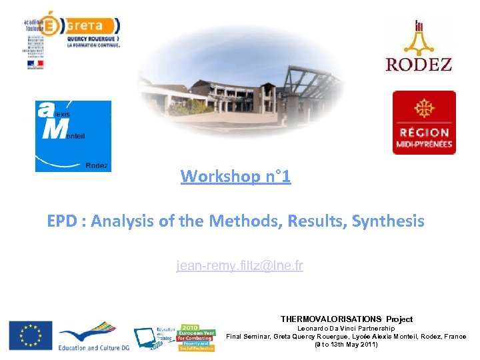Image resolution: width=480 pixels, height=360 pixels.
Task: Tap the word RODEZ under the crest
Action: (x=419, y=64)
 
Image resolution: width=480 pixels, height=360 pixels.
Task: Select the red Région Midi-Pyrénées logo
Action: (x=423, y=123)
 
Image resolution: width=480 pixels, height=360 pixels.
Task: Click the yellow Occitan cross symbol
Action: (x=423, y=109)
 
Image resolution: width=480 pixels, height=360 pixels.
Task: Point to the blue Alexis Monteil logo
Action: (x=73, y=136)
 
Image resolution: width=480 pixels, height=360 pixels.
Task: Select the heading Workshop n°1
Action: (x=235, y=177)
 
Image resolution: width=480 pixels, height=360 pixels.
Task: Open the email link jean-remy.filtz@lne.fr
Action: (x=239, y=266)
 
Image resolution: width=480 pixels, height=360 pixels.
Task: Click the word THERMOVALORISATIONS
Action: (x=331, y=319)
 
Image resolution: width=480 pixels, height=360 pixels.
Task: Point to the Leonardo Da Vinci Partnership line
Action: (x=345, y=329)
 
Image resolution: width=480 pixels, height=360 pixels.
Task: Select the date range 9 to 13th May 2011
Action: (x=346, y=345)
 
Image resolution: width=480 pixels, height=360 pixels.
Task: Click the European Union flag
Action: (x=30, y=335)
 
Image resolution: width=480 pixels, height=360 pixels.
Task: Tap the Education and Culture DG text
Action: (x=89, y=347)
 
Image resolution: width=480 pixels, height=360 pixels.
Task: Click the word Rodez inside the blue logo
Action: (x=97, y=165)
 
